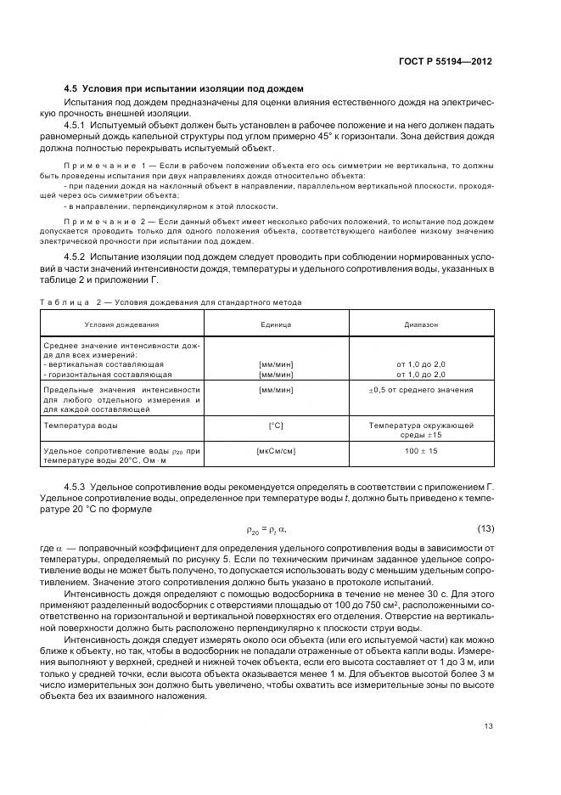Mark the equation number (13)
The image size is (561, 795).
(x=484, y=529)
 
